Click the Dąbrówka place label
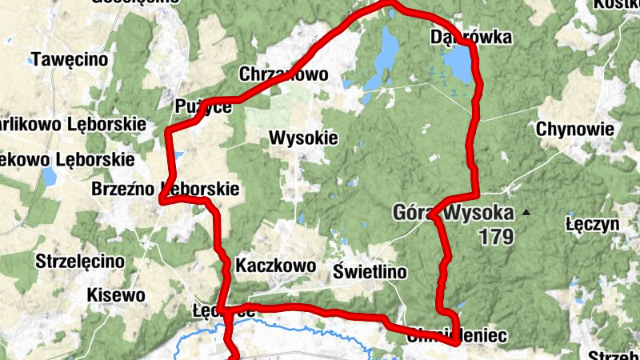pos(459,37)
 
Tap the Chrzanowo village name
pos(284,74)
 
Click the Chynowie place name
pos(575,129)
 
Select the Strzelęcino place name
pos(80,261)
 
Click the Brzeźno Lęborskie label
pos(166,190)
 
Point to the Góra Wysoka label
pos(453,213)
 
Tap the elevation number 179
pos(497,237)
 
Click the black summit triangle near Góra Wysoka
pos(526,213)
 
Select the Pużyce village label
pos(203,106)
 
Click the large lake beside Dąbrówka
pos(457,61)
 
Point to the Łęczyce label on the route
pos(224,310)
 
